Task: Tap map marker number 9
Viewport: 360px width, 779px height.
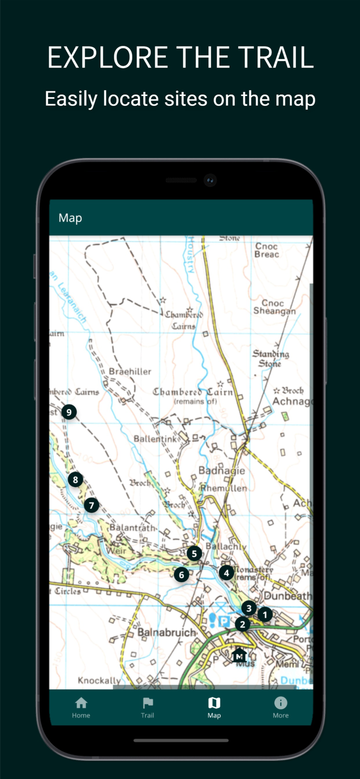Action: [69, 412]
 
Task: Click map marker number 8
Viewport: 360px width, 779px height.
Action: [75, 480]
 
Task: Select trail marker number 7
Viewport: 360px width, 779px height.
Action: [91, 505]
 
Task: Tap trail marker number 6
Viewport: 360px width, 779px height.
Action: [181, 575]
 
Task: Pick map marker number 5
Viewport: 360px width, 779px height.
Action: [194, 554]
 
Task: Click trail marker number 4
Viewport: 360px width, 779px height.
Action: [226, 573]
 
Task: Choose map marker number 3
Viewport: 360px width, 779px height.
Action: [249, 608]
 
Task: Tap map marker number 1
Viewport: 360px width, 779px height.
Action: [265, 615]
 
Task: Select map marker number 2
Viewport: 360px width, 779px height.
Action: [242, 624]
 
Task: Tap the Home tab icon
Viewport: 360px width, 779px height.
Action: [81, 703]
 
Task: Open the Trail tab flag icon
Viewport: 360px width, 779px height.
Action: [148, 703]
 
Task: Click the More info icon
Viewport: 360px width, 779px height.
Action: [281, 703]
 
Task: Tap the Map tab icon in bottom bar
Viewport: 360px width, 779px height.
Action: [214, 703]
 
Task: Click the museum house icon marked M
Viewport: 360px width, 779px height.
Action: [239, 655]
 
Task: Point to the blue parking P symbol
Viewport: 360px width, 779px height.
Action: [223, 621]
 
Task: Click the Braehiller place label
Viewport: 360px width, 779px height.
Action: [130, 372]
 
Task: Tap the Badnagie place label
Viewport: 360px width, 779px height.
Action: [221, 471]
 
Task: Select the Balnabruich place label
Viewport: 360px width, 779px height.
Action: [167, 633]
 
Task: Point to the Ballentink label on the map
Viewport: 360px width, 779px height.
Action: [155, 439]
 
